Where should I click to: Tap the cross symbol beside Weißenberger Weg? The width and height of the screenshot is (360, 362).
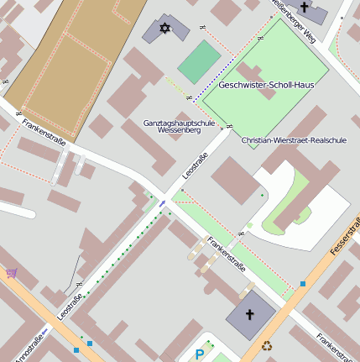[304, 8]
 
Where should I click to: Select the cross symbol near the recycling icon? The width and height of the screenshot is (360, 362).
[248, 316]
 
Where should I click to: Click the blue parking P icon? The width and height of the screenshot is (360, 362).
[199, 354]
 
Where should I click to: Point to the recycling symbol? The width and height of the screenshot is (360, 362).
[267, 344]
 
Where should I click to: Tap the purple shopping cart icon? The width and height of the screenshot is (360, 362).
[12, 272]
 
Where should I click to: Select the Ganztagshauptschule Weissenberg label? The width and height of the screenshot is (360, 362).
[179, 127]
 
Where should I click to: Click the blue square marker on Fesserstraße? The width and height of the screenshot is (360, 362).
[303, 284]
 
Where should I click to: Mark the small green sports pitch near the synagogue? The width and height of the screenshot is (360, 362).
[199, 62]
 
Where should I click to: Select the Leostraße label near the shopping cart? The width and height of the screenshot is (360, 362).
[70, 307]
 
